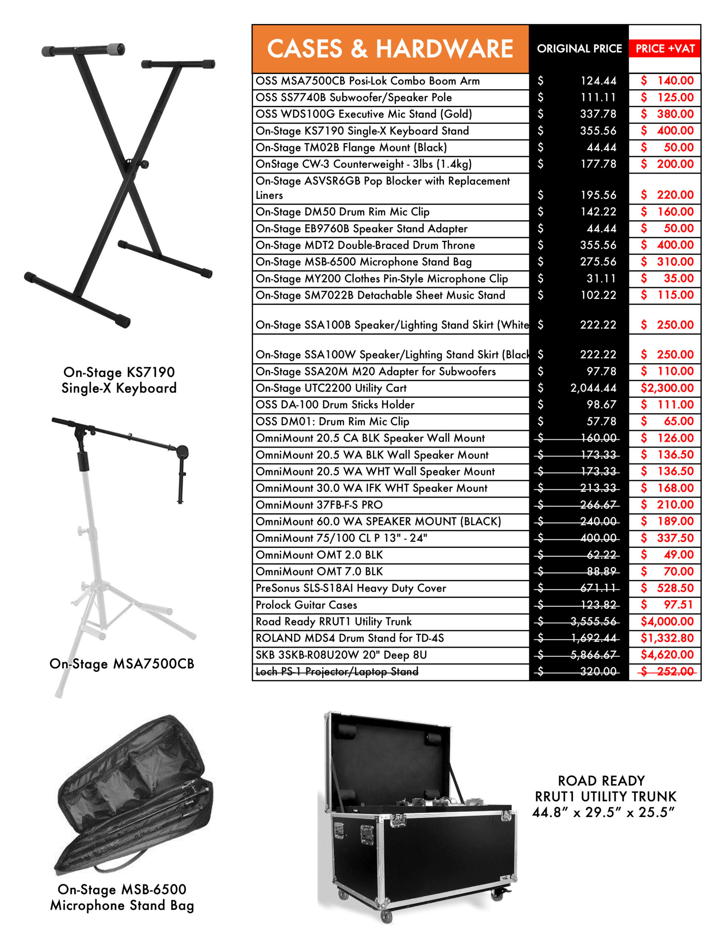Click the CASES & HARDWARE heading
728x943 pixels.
point(390,48)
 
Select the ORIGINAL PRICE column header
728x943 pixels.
point(579,49)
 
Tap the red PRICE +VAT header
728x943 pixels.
point(665,49)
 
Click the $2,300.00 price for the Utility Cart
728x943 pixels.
point(667,388)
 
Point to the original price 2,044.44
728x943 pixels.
point(593,388)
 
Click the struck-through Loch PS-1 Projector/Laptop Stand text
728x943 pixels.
point(337,672)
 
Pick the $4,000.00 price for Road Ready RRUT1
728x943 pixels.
point(667,622)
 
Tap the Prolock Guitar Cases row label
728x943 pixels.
point(306,605)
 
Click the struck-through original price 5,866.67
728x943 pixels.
point(593,655)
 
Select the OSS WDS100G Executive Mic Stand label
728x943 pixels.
point(363,114)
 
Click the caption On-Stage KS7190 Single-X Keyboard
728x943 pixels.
point(119,380)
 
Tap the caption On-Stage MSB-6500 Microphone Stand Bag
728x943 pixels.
point(122,897)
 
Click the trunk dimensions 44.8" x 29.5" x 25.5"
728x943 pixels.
point(603,812)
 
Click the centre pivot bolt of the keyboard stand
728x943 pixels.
point(145,164)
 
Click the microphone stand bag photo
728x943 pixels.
point(134,795)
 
